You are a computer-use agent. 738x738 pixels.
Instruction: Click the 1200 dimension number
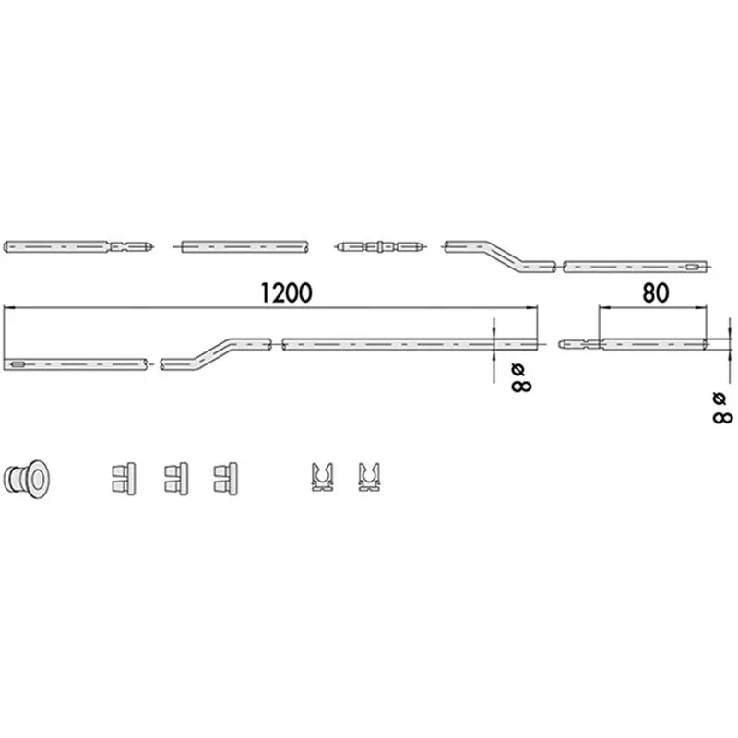pyautogui.click(x=286, y=292)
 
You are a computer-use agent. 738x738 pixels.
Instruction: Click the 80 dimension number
pyautogui.click(x=655, y=292)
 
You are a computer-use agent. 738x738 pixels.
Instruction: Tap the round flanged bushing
pyautogui.click(x=27, y=479)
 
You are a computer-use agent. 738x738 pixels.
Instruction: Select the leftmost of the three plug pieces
pyautogui.click(x=124, y=479)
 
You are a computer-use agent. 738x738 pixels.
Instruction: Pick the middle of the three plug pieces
pyautogui.click(x=176, y=479)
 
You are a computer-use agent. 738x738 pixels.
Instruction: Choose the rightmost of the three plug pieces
pyautogui.click(x=225, y=479)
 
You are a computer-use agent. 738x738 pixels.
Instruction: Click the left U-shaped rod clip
pyautogui.click(x=322, y=478)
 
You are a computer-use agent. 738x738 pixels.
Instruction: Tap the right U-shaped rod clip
pyautogui.click(x=369, y=478)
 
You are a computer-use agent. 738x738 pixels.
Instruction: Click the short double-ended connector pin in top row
pyautogui.click(x=380, y=246)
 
